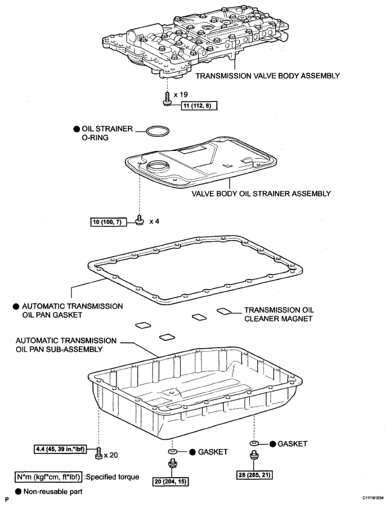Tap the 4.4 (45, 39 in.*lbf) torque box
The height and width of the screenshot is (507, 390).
(x=60, y=449)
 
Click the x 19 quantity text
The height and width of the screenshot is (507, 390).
(x=181, y=95)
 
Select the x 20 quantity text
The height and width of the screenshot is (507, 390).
(x=111, y=455)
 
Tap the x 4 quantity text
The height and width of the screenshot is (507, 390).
(x=154, y=221)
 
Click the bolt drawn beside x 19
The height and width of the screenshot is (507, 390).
(x=167, y=98)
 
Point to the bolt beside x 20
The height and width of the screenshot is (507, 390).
(x=98, y=453)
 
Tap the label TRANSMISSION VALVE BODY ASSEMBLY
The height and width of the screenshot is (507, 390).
(x=267, y=75)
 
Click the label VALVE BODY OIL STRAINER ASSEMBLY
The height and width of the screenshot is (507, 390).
(x=261, y=194)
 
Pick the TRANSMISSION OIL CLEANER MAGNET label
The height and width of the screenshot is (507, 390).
(x=279, y=314)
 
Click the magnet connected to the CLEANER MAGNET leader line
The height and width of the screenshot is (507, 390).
(x=224, y=311)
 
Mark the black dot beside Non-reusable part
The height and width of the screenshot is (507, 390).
(x=19, y=492)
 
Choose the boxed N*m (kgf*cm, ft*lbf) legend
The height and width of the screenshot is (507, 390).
(x=48, y=477)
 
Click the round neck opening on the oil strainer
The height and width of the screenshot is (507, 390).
(x=158, y=167)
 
